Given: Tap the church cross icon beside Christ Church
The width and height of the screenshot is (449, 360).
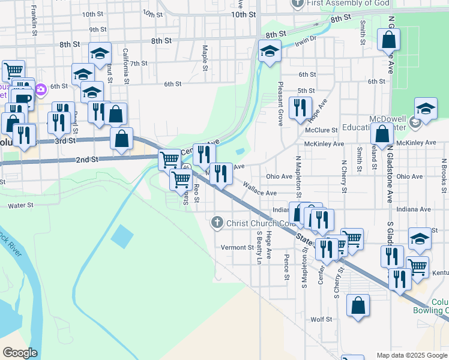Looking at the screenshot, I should tap(217, 223).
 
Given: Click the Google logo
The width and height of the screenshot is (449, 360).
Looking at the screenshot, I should tap(20, 353).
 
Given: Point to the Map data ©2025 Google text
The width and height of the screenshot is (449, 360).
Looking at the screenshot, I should tap(411, 355).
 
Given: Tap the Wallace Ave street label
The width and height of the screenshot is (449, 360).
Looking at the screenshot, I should tap(259, 191).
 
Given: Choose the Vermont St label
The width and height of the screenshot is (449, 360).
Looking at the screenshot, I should tap(238, 247).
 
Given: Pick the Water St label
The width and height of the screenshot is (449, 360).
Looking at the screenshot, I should tap(20, 205).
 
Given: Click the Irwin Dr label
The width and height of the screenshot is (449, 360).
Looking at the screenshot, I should tap(305, 40).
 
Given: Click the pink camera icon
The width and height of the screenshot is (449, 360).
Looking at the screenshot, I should tap(41, 91).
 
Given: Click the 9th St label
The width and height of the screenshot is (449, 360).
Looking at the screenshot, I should tap(97, 29).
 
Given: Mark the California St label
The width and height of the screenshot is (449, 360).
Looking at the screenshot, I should tap(127, 66).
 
